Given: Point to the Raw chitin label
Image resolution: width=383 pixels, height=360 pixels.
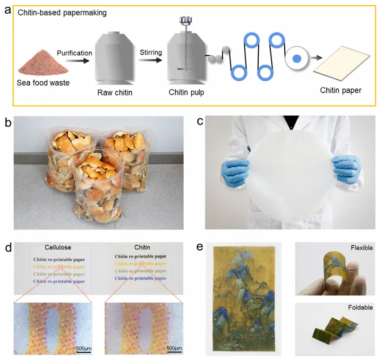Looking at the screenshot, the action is (x=114, y=92).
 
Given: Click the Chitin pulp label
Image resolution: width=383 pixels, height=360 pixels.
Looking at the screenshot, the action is (x=187, y=92).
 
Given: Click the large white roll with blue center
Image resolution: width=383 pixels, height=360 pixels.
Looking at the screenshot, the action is (x=297, y=58).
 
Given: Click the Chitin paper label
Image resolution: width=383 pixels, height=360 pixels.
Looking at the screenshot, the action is (x=340, y=90).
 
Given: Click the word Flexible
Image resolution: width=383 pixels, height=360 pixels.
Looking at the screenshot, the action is (x=362, y=248).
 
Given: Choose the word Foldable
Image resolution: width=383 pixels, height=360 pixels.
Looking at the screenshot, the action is (x=361, y=308).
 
